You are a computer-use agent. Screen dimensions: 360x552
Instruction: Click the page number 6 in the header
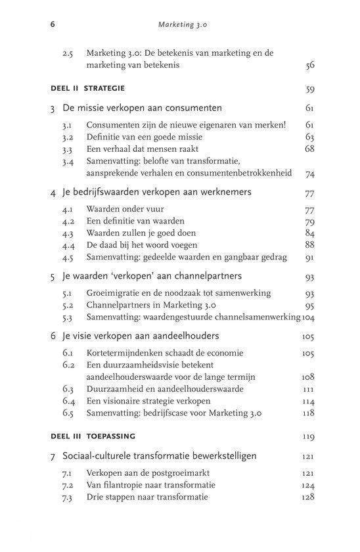pyautogui.click(x=52, y=26)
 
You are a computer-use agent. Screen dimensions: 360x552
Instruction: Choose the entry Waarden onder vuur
pyautogui.click(x=125, y=209)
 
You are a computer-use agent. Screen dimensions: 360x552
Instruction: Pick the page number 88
pyautogui.click(x=309, y=246)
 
